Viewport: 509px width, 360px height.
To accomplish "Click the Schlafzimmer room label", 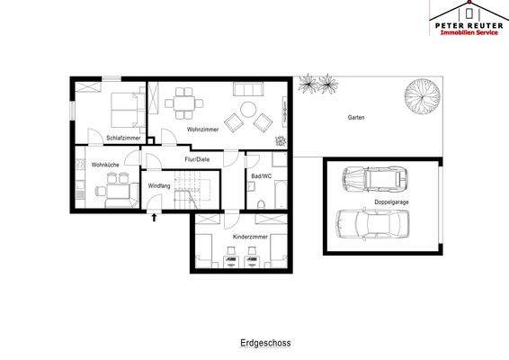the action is [123, 138].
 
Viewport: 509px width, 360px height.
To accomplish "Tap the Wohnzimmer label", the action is [203, 130].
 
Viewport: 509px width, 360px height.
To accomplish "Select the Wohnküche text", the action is [105, 165].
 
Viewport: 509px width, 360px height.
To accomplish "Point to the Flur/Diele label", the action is [197, 159].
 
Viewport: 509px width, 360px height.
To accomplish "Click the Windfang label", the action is [159, 185].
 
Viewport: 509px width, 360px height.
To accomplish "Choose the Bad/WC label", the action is [262, 176].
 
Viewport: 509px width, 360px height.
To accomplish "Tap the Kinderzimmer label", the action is [250, 237].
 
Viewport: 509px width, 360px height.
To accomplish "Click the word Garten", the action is [356, 117].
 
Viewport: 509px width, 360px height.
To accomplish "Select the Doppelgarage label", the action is [391, 202].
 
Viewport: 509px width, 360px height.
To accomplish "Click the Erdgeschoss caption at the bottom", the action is [265, 343].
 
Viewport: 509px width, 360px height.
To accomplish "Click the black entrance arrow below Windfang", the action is [154, 218].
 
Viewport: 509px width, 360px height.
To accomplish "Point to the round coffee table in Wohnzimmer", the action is [248, 110].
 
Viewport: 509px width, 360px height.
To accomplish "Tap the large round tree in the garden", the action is [423, 95].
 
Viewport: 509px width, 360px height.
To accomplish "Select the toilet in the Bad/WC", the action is [261, 204].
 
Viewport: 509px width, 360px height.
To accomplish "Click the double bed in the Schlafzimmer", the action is [128, 110].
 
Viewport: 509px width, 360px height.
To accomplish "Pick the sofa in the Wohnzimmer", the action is [248, 89].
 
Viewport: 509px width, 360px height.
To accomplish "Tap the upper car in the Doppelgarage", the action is [375, 178].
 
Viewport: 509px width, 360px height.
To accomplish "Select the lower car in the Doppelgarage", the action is [372, 224].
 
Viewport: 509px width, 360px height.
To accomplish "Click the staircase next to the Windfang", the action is [192, 190].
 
